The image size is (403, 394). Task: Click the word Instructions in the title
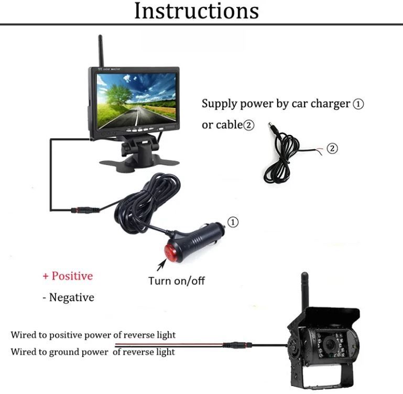click(197, 11)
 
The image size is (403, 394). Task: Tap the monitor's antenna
click(101, 51)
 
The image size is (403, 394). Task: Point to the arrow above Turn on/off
click(161, 265)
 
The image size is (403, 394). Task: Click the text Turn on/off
click(177, 281)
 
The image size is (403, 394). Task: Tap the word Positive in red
click(72, 276)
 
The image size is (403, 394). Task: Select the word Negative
click(71, 298)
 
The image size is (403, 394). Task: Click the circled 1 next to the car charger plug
click(233, 222)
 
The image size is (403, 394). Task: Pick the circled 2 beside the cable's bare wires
click(332, 148)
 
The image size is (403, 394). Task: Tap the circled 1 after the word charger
click(358, 104)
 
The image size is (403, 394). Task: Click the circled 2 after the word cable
click(249, 125)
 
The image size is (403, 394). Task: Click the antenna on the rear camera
click(304, 290)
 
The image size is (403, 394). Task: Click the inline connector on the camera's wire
click(237, 345)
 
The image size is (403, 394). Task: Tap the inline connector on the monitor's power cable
click(85, 210)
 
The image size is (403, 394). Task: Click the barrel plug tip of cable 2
click(271, 126)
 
